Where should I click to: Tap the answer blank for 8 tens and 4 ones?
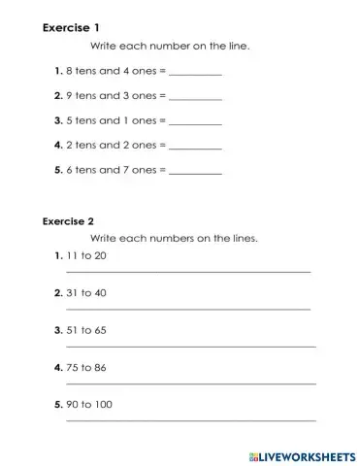click(x=196, y=74)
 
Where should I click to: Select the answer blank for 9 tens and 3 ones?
click(x=196, y=98)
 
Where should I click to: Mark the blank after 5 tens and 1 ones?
click(x=196, y=122)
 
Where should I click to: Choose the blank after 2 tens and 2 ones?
click(x=196, y=147)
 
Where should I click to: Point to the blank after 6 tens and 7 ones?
click(x=196, y=171)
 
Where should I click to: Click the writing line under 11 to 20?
click(x=187, y=272)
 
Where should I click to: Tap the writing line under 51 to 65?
click(x=190, y=347)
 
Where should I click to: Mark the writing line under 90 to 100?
click(x=190, y=420)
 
